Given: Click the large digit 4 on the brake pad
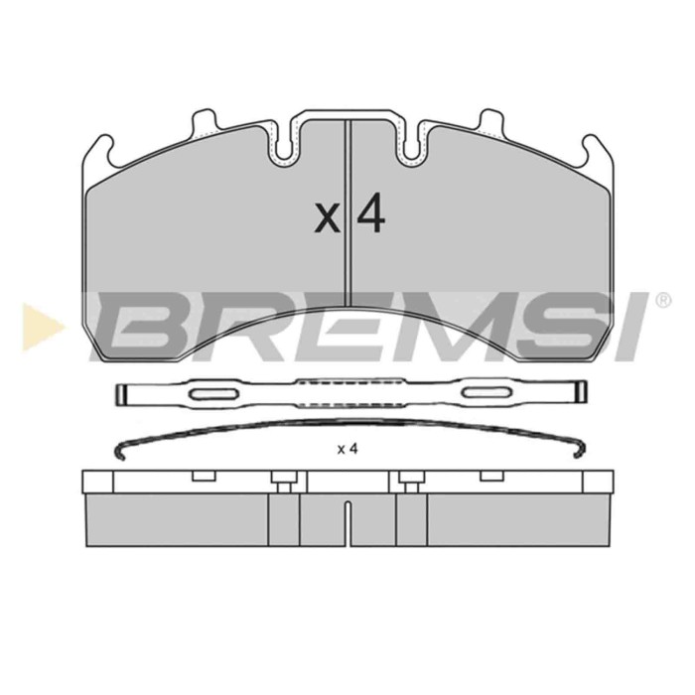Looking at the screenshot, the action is click(x=370, y=213).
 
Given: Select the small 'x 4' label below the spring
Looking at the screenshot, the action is click(x=347, y=450).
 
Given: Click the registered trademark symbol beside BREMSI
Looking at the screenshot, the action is click(x=662, y=301).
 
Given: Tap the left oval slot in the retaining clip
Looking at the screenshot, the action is click(x=213, y=393).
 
